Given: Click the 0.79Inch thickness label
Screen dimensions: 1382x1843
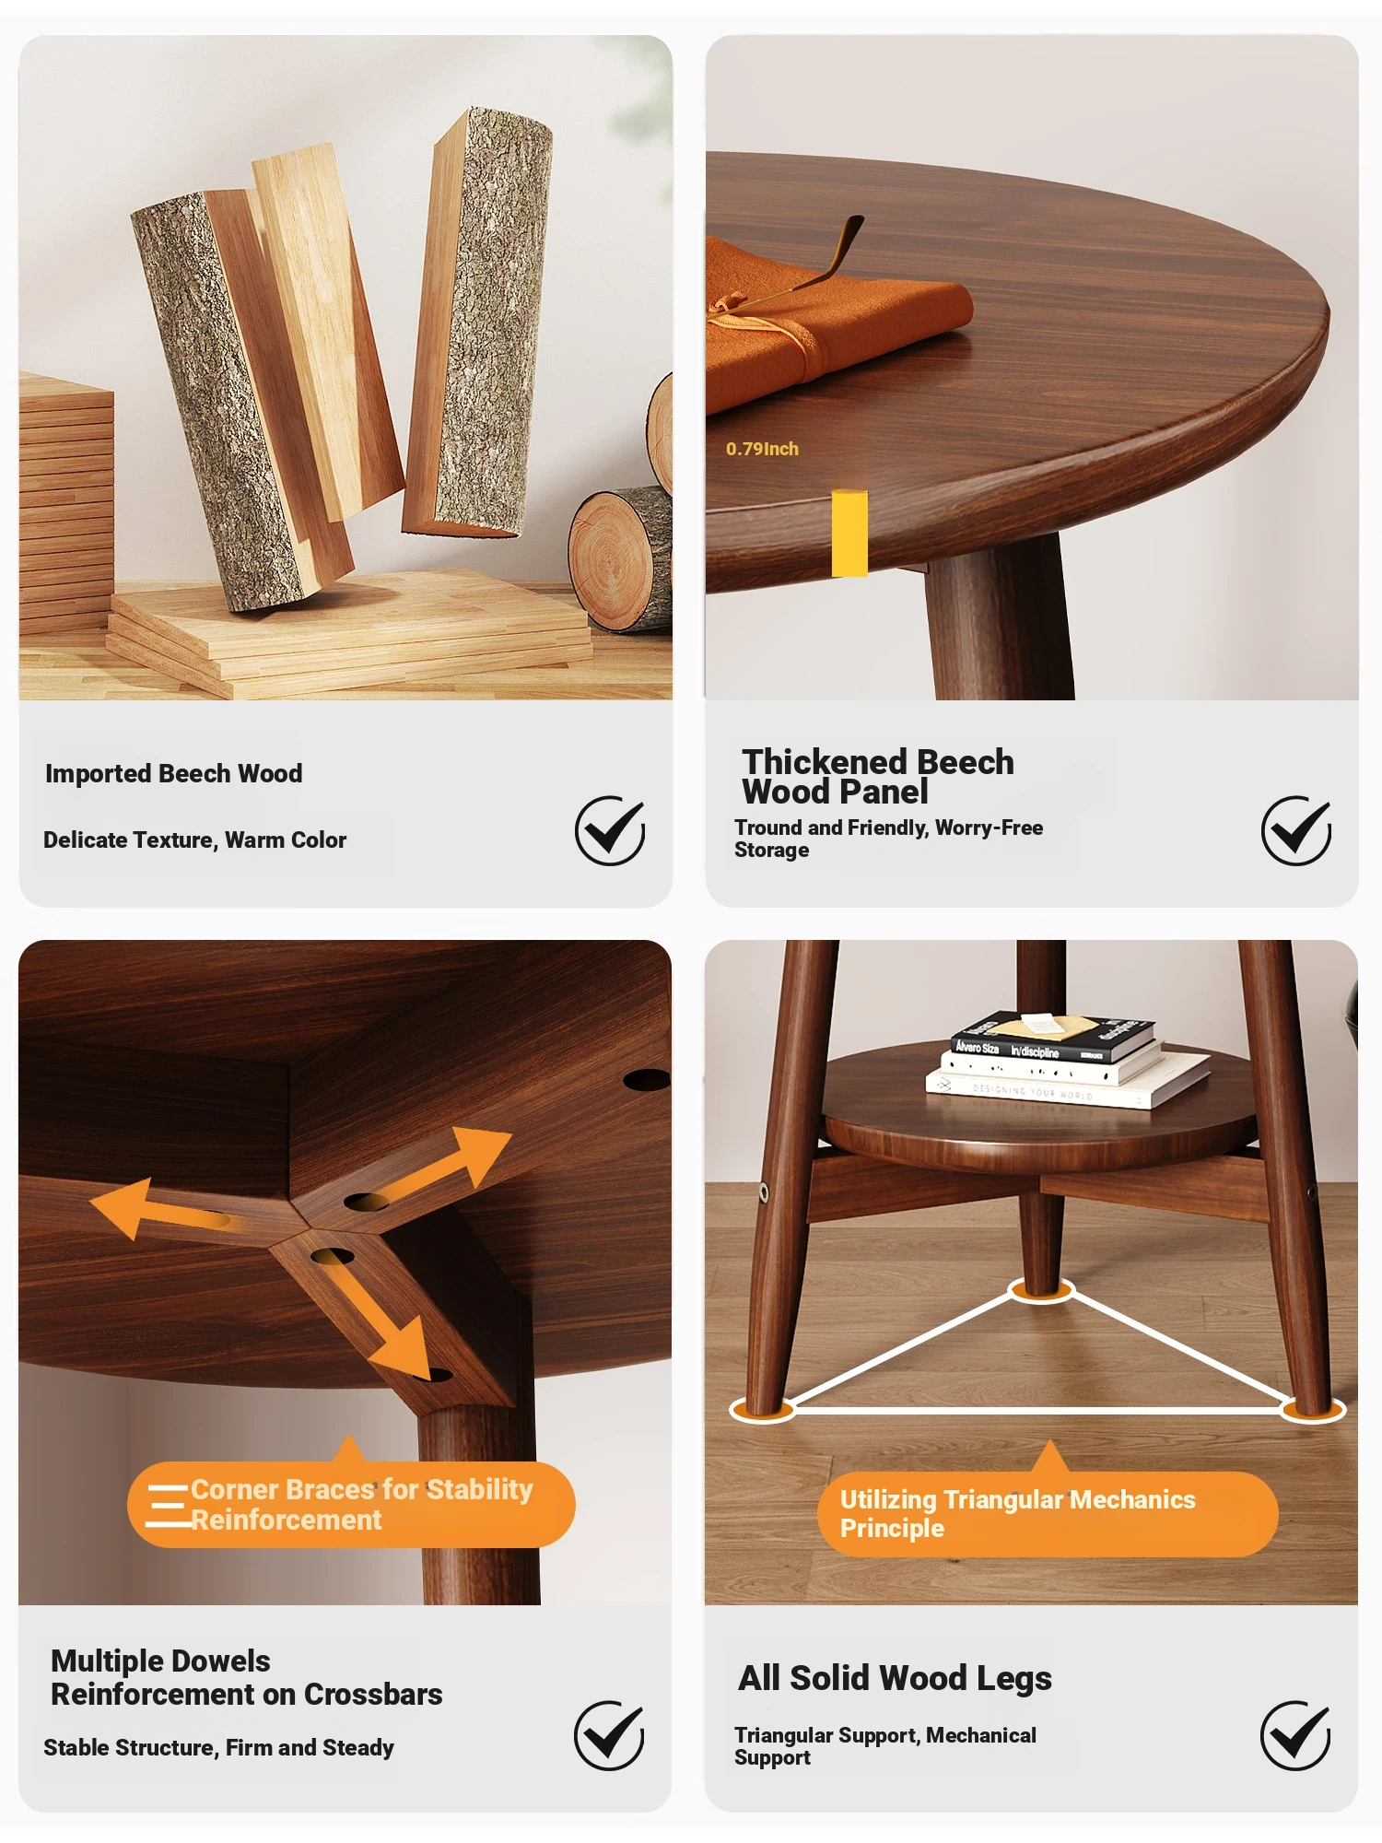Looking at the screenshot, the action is pyautogui.click(x=762, y=449).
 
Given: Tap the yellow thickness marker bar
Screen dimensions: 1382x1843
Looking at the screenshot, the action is pyautogui.click(x=849, y=533).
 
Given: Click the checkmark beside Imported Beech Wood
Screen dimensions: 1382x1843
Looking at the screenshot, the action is pyautogui.click(x=610, y=830).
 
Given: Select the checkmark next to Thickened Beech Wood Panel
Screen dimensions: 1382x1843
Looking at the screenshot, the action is pyautogui.click(x=1296, y=830).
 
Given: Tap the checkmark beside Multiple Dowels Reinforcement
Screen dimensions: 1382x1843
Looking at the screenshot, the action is pyautogui.click(x=609, y=1735).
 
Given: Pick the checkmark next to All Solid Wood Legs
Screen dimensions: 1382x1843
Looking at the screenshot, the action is pyautogui.click(x=1295, y=1735).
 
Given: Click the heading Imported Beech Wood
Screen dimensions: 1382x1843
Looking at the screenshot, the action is pyautogui.click(x=173, y=773).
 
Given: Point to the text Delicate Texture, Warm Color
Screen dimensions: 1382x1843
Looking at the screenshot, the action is pyautogui.click(x=194, y=839).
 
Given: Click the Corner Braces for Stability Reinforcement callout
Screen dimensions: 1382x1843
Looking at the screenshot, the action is pyautogui.click(x=351, y=1504).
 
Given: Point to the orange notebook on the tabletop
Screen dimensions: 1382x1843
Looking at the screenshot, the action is pyautogui.click(x=829, y=323).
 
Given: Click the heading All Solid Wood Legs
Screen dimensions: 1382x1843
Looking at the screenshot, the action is pyautogui.click(x=895, y=1678).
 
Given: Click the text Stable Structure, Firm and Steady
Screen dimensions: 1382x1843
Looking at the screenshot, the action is pyautogui.click(x=218, y=1747).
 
